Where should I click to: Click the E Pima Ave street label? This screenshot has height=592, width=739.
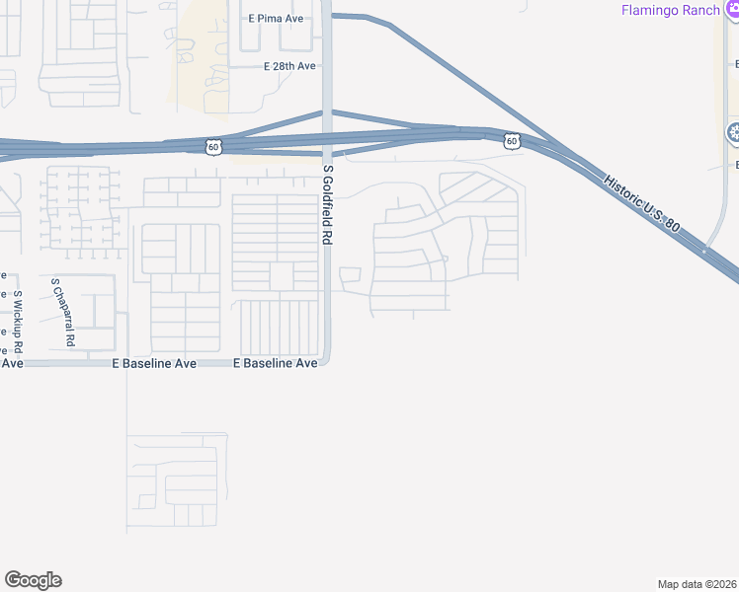point(276,18)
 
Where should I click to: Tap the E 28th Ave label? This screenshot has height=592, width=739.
point(289,66)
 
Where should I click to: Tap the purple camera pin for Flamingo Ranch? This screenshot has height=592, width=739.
point(731,10)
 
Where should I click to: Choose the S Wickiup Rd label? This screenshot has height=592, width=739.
point(18,322)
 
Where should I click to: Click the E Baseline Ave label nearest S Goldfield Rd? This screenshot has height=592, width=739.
point(275,363)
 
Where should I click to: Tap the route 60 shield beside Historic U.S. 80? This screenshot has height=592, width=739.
point(510,141)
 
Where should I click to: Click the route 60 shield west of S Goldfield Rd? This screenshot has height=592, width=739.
point(214,146)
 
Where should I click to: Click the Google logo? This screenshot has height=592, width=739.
point(33,580)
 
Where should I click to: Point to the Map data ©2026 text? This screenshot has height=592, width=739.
point(697,583)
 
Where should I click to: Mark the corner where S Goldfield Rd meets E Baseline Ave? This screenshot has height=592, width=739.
point(326,361)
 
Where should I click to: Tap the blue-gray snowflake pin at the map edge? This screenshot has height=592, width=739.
point(733,132)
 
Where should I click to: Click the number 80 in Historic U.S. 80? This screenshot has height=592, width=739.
point(673,225)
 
